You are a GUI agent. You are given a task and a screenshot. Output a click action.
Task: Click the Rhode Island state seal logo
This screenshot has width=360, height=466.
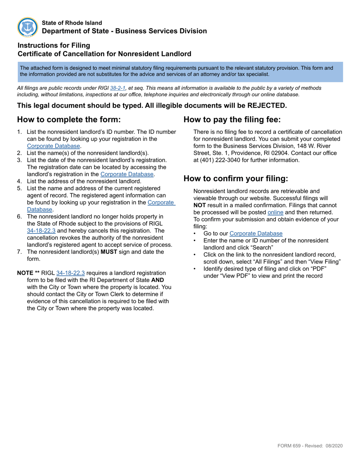(28, 27)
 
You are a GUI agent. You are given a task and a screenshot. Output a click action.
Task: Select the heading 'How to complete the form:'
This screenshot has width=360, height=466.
(69, 120)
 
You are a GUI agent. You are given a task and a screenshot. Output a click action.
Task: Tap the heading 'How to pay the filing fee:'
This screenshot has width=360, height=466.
(232, 120)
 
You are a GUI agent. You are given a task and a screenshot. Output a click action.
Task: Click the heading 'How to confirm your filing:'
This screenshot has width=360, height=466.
(236, 178)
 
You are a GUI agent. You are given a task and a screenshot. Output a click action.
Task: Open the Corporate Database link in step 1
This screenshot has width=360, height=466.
(53, 146)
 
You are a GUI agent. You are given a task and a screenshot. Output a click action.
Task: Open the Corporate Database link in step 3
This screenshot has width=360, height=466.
(127, 174)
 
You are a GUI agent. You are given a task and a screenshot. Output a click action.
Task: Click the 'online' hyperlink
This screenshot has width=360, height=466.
(275, 212)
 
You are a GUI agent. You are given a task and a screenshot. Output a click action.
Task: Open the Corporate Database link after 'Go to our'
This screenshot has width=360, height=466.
(256, 233)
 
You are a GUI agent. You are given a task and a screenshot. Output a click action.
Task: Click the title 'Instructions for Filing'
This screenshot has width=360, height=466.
(54, 45)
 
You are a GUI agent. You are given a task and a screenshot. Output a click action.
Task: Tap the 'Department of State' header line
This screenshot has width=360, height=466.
(124, 31)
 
